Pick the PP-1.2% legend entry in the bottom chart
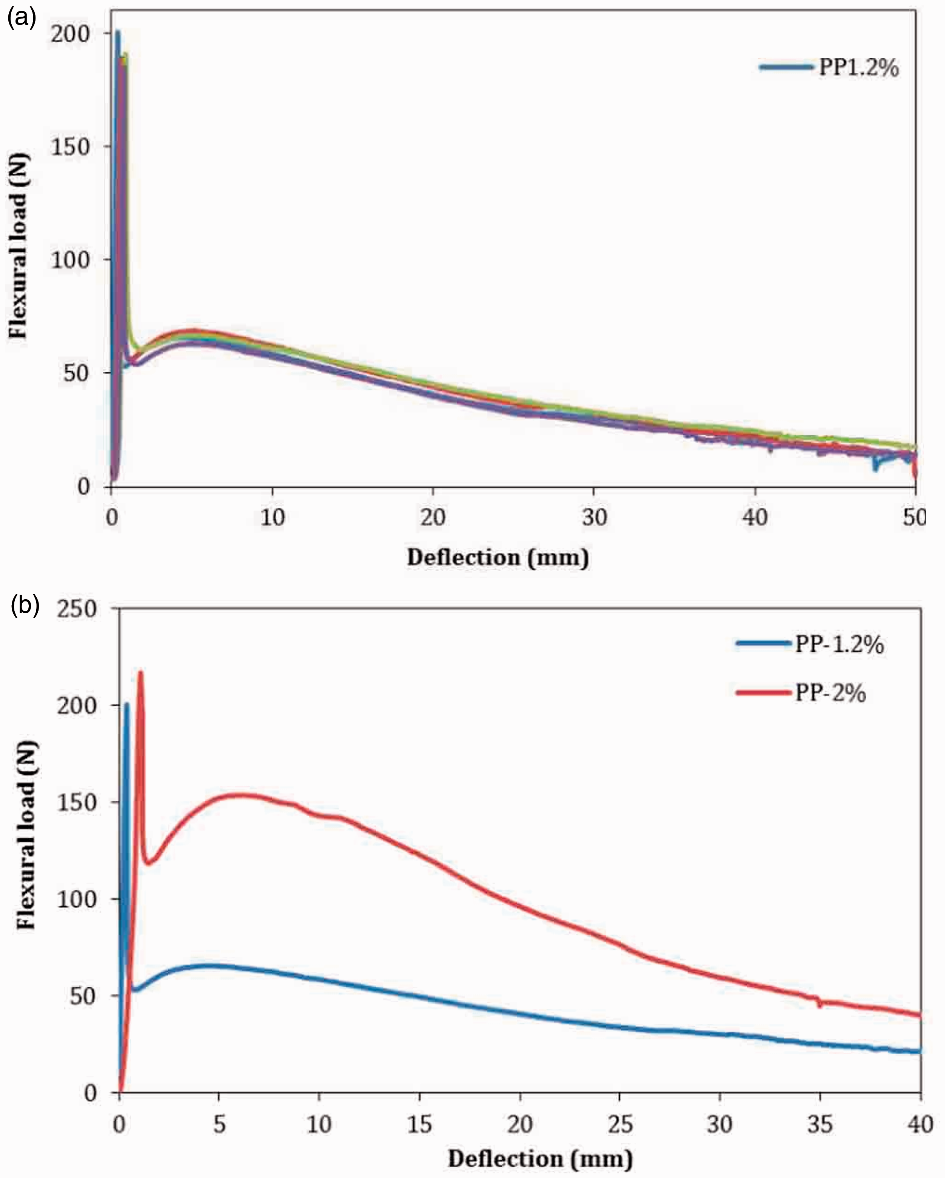(810, 645)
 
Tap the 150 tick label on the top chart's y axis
(70, 146)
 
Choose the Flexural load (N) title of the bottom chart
(26, 835)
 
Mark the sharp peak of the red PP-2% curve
(140, 672)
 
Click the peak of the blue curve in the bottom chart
(127, 704)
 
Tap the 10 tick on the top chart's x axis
(272, 516)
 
